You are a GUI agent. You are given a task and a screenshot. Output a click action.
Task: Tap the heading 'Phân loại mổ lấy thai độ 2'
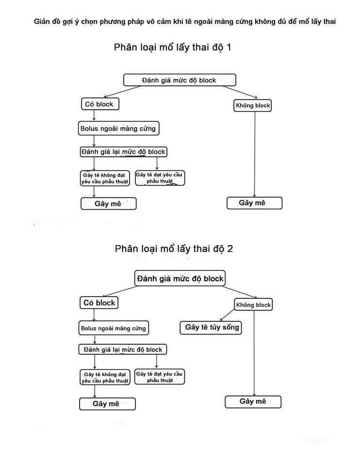point(174,249)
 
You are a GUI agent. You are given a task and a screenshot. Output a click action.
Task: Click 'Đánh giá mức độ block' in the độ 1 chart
point(180,80)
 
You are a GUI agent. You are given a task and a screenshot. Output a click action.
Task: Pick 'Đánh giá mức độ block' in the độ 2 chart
point(180,279)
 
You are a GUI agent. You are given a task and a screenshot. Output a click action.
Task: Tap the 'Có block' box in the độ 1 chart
point(99,104)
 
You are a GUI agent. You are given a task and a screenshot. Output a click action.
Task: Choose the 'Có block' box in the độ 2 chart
point(99,303)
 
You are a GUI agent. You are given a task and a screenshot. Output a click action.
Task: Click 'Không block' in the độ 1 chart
point(252,105)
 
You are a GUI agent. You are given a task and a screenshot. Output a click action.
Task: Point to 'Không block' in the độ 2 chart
point(253,305)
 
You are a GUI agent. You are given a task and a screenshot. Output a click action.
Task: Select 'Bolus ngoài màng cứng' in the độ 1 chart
point(118,129)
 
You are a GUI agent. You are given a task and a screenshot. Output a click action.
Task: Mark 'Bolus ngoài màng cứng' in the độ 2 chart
point(113,328)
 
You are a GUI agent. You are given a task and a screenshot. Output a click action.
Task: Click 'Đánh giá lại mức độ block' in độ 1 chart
point(123,152)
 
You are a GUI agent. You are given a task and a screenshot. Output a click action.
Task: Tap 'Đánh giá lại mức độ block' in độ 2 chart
point(123,349)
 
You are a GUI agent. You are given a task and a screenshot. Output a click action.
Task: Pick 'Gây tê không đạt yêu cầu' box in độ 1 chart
point(105,178)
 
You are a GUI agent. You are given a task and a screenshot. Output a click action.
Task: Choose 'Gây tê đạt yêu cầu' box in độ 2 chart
point(160,377)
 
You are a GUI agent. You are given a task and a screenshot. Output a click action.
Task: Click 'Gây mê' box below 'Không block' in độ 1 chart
point(254,203)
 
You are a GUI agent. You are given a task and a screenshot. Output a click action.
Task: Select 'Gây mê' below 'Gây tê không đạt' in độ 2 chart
point(107,404)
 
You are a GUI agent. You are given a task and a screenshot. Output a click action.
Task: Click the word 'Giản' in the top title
point(42,22)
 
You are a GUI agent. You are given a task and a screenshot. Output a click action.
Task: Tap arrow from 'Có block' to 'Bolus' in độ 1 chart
point(94,116)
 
